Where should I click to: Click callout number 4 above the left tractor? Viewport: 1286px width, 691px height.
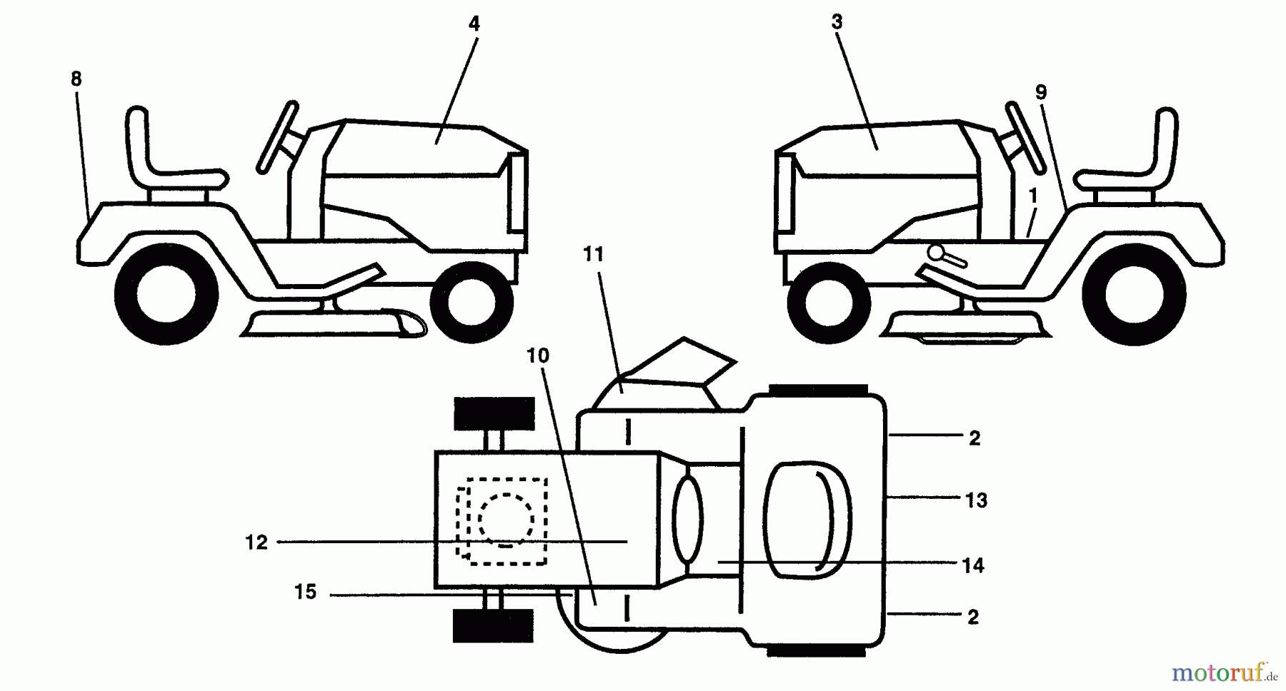pyautogui.click(x=474, y=24)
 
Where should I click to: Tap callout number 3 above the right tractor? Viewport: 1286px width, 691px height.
pyautogui.click(x=837, y=22)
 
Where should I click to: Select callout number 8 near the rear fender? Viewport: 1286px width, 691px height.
pyautogui.click(x=76, y=79)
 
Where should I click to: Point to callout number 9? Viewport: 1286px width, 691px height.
pyautogui.click(x=1040, y=92)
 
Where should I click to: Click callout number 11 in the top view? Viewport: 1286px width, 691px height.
pyautogui.click(x=594, y=254)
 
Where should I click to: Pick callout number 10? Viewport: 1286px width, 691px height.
pyautogui.click(x=538, y=355)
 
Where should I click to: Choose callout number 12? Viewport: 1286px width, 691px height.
pyautogui.click(x=256, y=543)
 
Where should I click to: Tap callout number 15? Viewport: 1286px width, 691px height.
pyautogui.click(x=305, y=592)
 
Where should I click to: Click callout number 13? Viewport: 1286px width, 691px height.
pyautogui.click(x=976, y=500)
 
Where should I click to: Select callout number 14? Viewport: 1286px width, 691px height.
pyautogui.click(x=973, y=565)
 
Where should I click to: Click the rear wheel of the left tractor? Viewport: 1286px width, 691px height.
pyautogui.click(x=166, y=294)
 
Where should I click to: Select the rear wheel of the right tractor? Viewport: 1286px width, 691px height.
pyautogui.click(x=1134, y=294)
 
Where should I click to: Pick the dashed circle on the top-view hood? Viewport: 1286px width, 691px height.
pyautogui.click(x=506, y=518)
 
